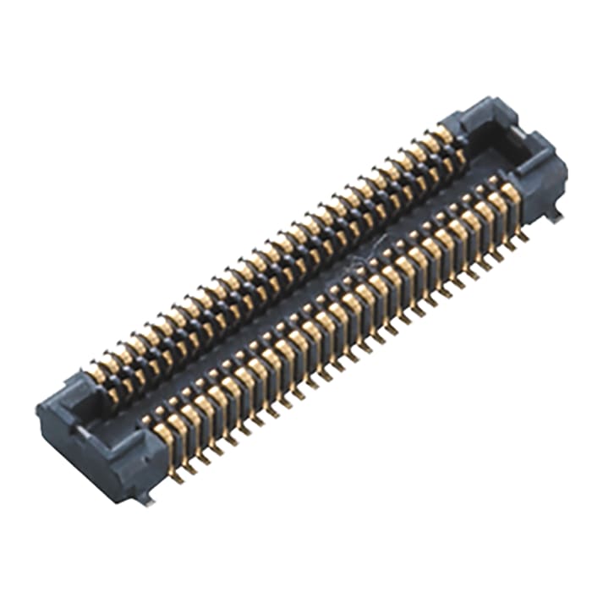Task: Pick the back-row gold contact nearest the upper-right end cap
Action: [445, 135]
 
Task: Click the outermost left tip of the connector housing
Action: [37, 410]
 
